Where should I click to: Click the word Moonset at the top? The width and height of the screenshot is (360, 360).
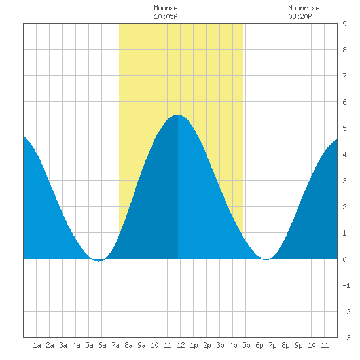point(168,8)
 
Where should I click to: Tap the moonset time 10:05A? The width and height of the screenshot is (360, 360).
point(166,16)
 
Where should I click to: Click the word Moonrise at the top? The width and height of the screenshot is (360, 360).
point(304,8)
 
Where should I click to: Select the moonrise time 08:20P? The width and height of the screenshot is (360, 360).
point(300,16)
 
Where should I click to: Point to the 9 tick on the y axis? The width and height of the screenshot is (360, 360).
point(344,24)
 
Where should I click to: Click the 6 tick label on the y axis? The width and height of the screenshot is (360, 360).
point(344,102)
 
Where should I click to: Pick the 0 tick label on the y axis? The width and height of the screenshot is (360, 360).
point(344,259)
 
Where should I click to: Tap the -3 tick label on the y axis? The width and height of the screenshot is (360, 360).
point(346,338)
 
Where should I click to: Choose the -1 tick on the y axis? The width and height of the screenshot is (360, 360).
point(346,285)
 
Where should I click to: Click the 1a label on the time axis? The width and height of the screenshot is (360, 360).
point(37,345)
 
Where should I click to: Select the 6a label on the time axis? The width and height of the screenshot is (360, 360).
point(102,345)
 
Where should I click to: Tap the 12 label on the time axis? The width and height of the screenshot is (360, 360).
point(181,345)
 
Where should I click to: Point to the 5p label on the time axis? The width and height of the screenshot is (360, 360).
point(246,345)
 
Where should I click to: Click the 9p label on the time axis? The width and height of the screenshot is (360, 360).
point(298,345)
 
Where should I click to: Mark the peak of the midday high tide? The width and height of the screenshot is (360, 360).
point(178,115)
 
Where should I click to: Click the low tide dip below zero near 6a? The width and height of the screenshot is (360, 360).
point(98,261)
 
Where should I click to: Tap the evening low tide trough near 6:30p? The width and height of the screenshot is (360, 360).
point(266,259)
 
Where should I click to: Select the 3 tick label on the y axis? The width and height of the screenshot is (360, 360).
point(344,181)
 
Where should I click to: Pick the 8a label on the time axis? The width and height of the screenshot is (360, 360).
point(128,345)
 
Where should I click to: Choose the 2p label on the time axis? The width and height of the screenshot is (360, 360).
point(207,345)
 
